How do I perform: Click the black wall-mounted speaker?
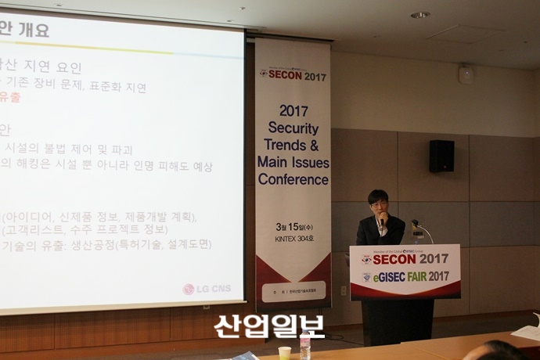pyautogui.click(x=441, y=156)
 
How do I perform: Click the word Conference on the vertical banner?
pyautogui.click(x=293, y=179)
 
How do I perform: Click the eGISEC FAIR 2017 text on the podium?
pyautogui.click(x=405, y=276)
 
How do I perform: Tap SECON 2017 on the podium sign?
pyautogui.click(x=405, y=259)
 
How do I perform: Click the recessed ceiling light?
pyautogui.click(x=420, y=15)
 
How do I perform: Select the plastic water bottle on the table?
pyautogui.click(x=304, y=346)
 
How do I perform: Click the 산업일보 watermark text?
pyautogui.click(x=269, y=326)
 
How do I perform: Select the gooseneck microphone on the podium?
pyautogui.click(x=422, y=230)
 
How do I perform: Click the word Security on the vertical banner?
pyautogui.click(x=293, y=128)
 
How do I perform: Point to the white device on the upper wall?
pyautogui.click(x=466, y=74)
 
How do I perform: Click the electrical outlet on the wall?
pyautogui.click(x=343, y=290)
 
